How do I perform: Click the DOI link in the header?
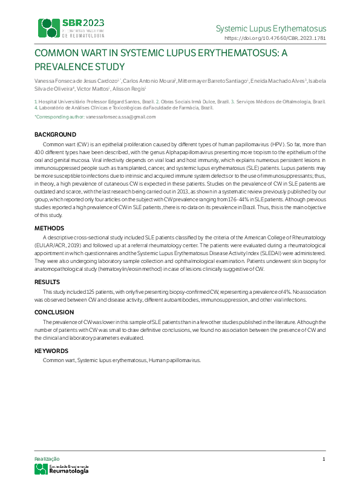pyautogui.click(x=275, y=37)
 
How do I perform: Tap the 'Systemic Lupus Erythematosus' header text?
pyautogui.click(x=270, y=28)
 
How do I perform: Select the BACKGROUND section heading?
pyautogui.click(x=55, y=134)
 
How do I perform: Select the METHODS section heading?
pyautogui.click(x=50, y=228)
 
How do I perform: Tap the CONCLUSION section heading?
pyautogui.click(x=54, y=313)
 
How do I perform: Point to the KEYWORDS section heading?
pyautogui.click(x=51, y=351)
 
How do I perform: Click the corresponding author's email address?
pyautogui.click(x=121, y=116)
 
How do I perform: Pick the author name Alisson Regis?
pyautogui.click(x=128, y=88)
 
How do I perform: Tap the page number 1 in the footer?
pyautogui.click(x=324, y=459)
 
